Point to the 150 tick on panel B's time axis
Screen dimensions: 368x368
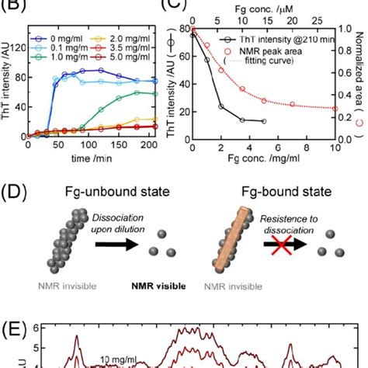point(128,145)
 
